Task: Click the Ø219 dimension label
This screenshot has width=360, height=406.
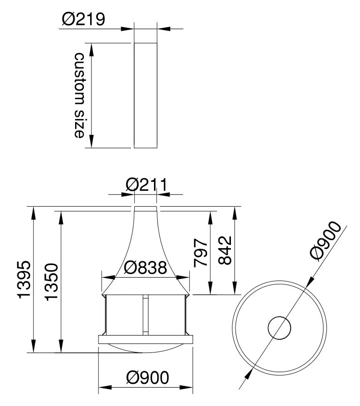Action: pyautogui.click(x=84, y=19)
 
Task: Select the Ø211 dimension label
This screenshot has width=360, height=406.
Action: pyautogui.click(x=146, y=185)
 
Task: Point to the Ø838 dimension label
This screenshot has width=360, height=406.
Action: pyautogui.click(x=146, y=268)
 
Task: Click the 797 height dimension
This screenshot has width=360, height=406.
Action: pyautogui.click(x=201, y=253)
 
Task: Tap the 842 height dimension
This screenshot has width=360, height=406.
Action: pyautogui.click(x=224, y=250)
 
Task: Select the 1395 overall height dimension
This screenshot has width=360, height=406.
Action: pyautogui.click(x=24, y=280)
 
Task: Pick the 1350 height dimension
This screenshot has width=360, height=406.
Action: pyautogui.click(x=51, y=282)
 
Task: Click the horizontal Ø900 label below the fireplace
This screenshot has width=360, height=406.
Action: pyautogui.click(x=147, y=377)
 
